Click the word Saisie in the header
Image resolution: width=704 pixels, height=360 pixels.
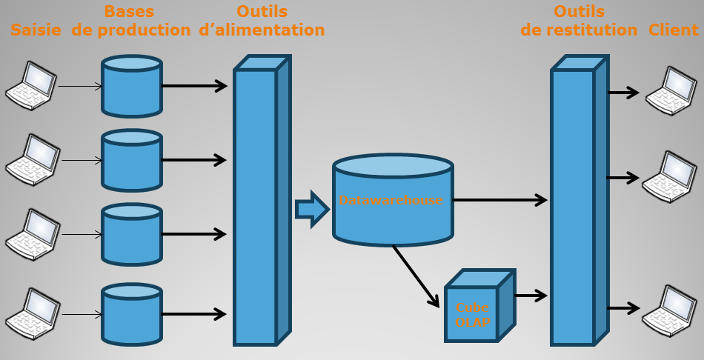pos(37,30)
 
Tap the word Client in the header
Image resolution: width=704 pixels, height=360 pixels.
pos(674,30)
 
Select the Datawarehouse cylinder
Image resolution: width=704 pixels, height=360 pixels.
pos(392,200)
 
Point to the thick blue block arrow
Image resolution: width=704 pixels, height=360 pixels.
pos(311,210)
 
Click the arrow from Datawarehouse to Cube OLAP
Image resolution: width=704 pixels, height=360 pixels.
pos(416,275)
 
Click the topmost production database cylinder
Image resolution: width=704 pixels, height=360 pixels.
pos(132,87)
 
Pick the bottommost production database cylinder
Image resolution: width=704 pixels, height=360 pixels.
pos(132,314)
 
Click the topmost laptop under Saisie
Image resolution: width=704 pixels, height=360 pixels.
pos(30,86)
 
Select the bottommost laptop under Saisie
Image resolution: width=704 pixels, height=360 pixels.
pos(30,313)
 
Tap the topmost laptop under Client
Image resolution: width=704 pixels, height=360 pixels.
pos(670,91)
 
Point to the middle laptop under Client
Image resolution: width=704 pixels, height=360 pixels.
pos(668,176)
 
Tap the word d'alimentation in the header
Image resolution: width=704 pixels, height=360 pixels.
pos(262,30)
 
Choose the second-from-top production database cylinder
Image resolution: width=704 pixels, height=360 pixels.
pos(132,160)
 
